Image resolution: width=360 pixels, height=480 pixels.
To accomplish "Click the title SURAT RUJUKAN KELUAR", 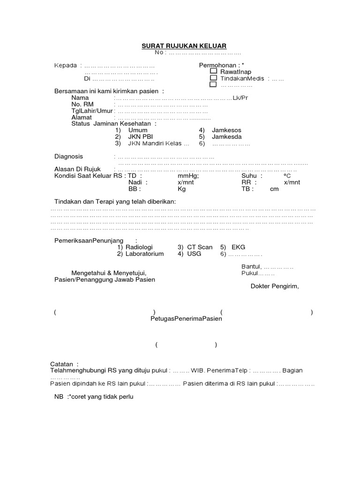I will [184, 45].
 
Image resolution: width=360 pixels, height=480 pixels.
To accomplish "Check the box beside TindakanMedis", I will [213, 78].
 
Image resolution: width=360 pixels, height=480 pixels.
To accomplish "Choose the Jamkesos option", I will [226, 130].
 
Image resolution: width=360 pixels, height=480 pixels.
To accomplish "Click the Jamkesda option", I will [227, 136].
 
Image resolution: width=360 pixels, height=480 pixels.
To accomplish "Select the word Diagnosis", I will [69, 156].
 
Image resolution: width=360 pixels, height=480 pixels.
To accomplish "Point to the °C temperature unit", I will [287, 176].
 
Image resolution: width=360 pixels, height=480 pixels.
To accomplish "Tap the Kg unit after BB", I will [182, 189].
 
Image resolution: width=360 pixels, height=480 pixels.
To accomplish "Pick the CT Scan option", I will [200, 247].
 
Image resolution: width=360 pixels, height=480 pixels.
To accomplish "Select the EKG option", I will [239, 247].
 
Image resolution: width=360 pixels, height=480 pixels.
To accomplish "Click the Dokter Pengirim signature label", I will [274, 286].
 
